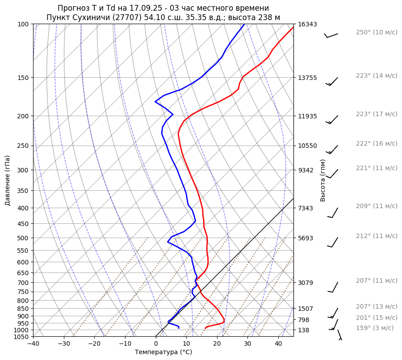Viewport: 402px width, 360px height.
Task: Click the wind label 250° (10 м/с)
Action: [x=376, y=32]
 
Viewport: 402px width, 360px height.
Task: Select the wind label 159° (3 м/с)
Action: [x=375, y=328]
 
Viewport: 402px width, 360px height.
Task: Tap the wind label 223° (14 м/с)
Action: [x=376, y=75]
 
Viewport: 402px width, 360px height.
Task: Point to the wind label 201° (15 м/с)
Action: [x=376, y=318]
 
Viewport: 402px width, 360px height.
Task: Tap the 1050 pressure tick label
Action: [x=22, y=337]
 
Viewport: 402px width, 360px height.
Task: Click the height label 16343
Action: [x=307, y=24]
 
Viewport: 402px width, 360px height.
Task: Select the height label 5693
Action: [x=306, y=238]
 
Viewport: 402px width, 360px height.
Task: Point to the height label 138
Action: [x=304, y=330]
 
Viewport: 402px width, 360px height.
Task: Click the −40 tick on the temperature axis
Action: [x=33, y=343]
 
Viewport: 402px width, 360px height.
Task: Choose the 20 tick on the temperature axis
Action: [x=217, y=343]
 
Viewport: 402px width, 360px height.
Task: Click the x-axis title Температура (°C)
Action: [x=163, y=352]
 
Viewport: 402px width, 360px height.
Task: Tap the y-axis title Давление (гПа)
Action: [x=8, y=180]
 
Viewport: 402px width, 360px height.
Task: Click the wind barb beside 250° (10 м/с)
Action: [x=331, y=35]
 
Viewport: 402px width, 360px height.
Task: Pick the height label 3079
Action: [x=306, y=283]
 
